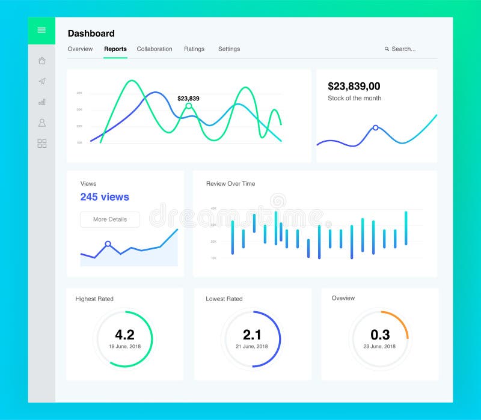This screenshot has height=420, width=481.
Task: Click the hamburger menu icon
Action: coord(41,30)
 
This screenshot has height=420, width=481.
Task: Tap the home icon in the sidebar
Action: coord(41,60)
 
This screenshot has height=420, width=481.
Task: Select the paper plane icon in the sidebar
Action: coord(41,81)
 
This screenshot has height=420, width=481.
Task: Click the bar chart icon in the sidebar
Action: coord(41,102)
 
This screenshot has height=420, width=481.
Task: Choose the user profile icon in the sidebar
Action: coord(41,123)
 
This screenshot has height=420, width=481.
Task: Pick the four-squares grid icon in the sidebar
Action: coord(41,144)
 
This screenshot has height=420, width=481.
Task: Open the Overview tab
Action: coord(80,49)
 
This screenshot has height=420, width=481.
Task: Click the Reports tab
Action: coord(115,49)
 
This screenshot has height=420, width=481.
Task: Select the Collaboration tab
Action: coord(155,49)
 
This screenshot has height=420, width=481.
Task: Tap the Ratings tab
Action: coord(194,49)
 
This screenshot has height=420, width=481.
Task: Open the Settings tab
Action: coord(229,49)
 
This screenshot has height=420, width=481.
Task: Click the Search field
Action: coord(403,49)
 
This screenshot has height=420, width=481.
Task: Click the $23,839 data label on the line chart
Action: coord(188,99)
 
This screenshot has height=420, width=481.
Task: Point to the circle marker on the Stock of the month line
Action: coord(375,127)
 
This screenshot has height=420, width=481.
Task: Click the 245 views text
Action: coord(105,197)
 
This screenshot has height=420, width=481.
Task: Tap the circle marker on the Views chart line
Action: coord(108,244)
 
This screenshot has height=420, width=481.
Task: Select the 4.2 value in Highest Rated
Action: coord(124,335)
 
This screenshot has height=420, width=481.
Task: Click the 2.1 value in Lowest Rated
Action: coord(252,335)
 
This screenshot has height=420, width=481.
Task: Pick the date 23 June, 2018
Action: coord(379,346)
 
